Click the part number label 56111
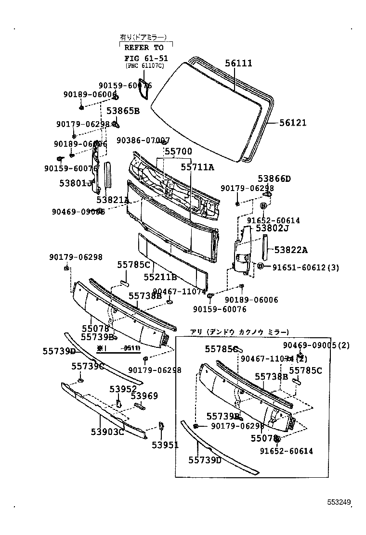tap(238, 64)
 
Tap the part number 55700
tap(178, 151)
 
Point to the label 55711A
tap(197, 167)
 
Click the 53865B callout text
tap(123, 111)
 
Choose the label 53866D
tap(274, 178)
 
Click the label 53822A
tap(291, 250)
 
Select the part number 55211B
tap(160, 277)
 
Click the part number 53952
tap(123, 389)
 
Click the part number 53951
tap(165, 446)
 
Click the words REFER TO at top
tap(144, 48)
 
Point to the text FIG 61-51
tap(144, 58)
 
